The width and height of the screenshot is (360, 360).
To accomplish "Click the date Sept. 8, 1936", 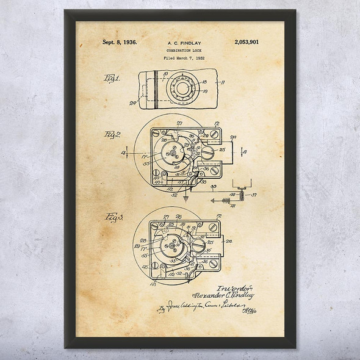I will [119, 43].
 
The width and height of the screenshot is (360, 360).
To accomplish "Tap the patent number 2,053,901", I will [247, 43].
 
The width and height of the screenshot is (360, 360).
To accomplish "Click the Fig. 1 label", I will [113, 79].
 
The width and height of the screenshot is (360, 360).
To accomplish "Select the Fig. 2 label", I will [113, 134].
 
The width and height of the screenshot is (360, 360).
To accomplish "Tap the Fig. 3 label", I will [115, 218].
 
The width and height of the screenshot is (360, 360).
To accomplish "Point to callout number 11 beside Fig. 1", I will [223, 81].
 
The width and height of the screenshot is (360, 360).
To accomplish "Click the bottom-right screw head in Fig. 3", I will [213, 264].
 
